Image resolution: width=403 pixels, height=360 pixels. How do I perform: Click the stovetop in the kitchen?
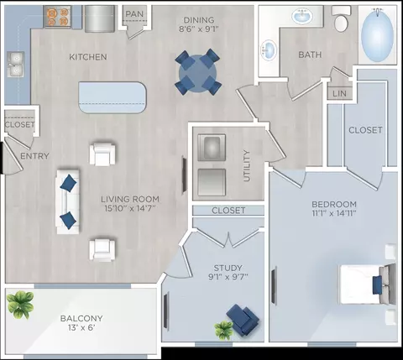click(58, 17)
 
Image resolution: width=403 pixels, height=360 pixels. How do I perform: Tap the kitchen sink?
click(15, 65)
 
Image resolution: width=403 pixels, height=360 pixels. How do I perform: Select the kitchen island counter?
click(113, 97)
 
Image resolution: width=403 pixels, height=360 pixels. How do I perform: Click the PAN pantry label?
click(134, 13)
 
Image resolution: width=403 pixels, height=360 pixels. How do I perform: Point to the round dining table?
click(198, 73)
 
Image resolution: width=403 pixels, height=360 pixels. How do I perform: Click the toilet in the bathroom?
click(341, 19)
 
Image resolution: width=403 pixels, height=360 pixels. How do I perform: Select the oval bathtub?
click(377, 35)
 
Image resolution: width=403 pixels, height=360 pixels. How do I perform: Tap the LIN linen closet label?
click(339, 93)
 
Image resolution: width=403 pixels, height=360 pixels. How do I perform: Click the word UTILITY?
click(247, 166)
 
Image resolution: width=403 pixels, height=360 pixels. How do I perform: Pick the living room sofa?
click(68, 201)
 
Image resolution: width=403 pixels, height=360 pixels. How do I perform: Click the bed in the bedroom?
click(368, 284)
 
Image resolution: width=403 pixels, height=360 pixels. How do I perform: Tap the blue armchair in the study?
click(243, 319)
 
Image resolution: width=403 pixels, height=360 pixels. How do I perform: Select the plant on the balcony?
click(20, 305)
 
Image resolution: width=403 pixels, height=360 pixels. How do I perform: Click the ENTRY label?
click(34, 156)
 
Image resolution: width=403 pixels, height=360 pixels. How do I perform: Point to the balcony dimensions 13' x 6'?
click(81, 327)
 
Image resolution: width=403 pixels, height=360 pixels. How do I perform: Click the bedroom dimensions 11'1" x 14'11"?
click(334, 213)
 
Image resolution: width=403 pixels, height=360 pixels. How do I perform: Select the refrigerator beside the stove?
click(100, 18)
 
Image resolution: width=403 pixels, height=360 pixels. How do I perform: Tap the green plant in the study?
click(223, 330)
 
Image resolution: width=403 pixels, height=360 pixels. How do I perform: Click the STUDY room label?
click(228, 268)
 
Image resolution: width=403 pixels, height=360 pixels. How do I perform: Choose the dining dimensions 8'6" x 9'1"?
click(199, 29)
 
